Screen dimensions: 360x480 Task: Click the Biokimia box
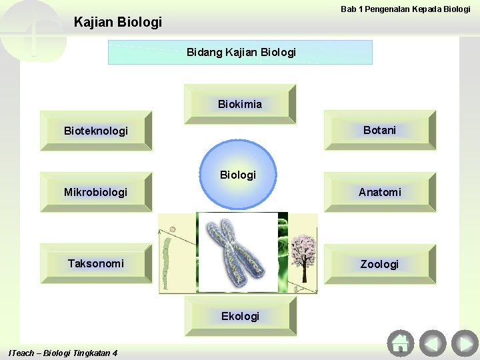[x=239, y=104]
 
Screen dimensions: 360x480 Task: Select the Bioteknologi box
[x=96, y=131]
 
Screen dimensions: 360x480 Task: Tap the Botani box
[x=379, y=130]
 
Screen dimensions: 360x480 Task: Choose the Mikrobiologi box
[x=96, y=192]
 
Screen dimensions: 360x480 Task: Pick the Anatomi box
[x=379, y=192]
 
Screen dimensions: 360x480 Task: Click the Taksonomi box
[x=96, y=263]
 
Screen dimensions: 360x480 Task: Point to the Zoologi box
[x=379, y=264]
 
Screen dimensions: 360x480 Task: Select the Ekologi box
[x=239, y=316]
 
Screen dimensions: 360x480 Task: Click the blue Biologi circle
[x=238, y=175]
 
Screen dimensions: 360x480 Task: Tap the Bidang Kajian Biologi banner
[x=240, y=52]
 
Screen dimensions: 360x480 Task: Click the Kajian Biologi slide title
[x=118, y=23]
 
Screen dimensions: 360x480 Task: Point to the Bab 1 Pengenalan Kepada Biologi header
[x=405, y=9]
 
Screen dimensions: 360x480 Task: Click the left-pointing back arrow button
[x=432, y=343]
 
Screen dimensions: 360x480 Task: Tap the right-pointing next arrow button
[x=464, y=343]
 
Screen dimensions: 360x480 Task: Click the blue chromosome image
[x=237, y=252]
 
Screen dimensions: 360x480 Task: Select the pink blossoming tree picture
[x=303, y=257]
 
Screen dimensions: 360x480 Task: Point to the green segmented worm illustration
[x=167, y=257]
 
